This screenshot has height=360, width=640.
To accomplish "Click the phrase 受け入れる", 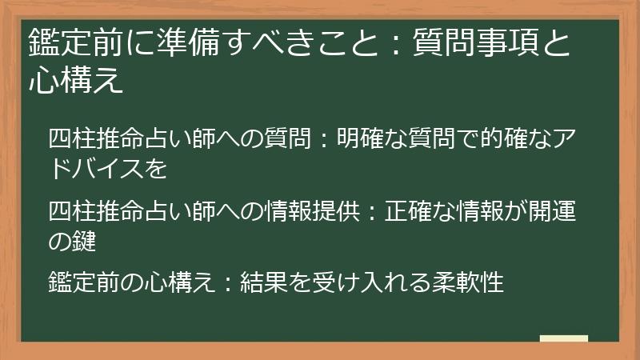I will tap(350, 282).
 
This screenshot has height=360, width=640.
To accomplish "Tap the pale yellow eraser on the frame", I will tap(564, 339).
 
